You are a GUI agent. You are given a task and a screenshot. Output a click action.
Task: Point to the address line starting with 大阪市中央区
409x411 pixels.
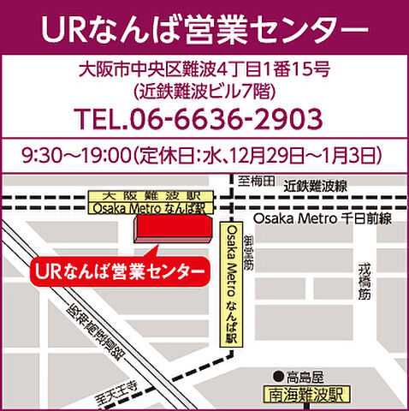pyautogui.click(x=204, y=67)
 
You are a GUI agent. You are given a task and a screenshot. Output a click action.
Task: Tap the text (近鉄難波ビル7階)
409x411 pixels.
pyautogui.click(x=204, y=89)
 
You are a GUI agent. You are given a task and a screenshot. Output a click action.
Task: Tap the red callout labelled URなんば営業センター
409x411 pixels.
pyautogui.click(x=119, y=271)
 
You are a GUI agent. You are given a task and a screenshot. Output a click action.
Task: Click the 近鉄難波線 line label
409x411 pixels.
pyautogui.click(x=316, y=185)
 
